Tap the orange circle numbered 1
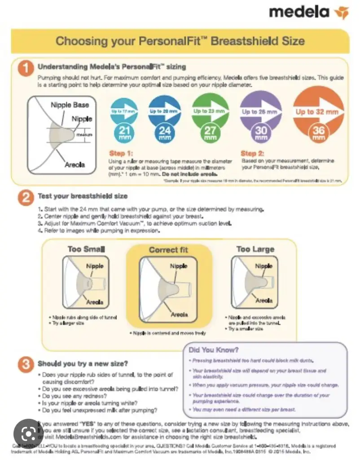point(26,67)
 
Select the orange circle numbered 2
point(26,197)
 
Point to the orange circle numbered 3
point(26,364)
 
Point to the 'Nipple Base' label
point(70,105)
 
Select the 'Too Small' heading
point(86,249)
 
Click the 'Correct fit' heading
point(168,250)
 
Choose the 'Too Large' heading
point(255,249)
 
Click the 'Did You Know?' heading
point(213,349)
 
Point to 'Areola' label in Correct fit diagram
point(179,314)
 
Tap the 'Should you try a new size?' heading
point(83,363)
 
